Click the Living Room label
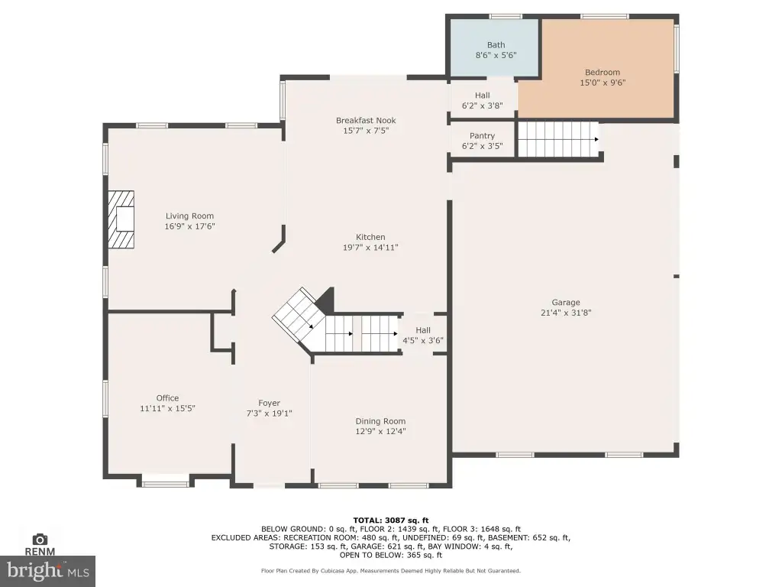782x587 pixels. click(189, 216)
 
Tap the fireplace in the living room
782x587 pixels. click(121, 219)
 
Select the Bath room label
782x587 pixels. click(496, 45)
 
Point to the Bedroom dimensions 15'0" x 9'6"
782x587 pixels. click(603, 83)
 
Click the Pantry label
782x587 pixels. click(483, 136)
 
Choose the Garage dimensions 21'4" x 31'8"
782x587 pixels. click(566, 313)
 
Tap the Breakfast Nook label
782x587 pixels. click(366, 120)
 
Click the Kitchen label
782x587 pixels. click(370, 237)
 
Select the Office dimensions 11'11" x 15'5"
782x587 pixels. click(167, 408)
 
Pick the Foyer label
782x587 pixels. click(270, 403)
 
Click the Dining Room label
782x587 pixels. click(380, 421)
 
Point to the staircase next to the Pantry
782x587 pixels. click(557, 139)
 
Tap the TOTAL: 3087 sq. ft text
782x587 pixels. click(391, 520)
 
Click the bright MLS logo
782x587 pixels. click(47, 571)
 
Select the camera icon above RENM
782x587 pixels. click(40, 539)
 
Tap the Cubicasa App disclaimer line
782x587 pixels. click(391, 570)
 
